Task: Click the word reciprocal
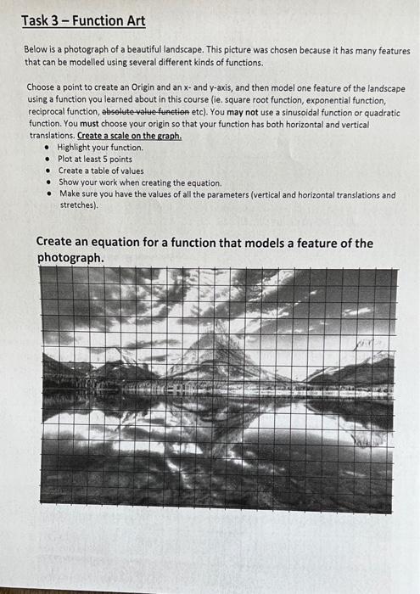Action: pyautogui.click(x=49, y=111)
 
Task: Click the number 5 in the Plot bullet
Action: pyautogui.click(x=102, y=159)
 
